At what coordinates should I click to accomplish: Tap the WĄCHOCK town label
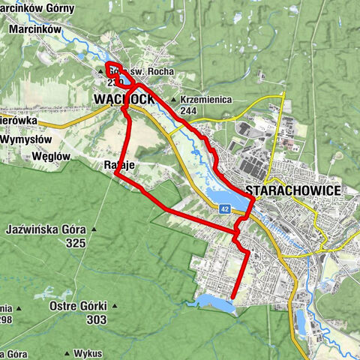tap(124, 99)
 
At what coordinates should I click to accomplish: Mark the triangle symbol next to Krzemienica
tap(174, 100)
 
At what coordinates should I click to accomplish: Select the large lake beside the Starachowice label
tap(225, 198)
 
